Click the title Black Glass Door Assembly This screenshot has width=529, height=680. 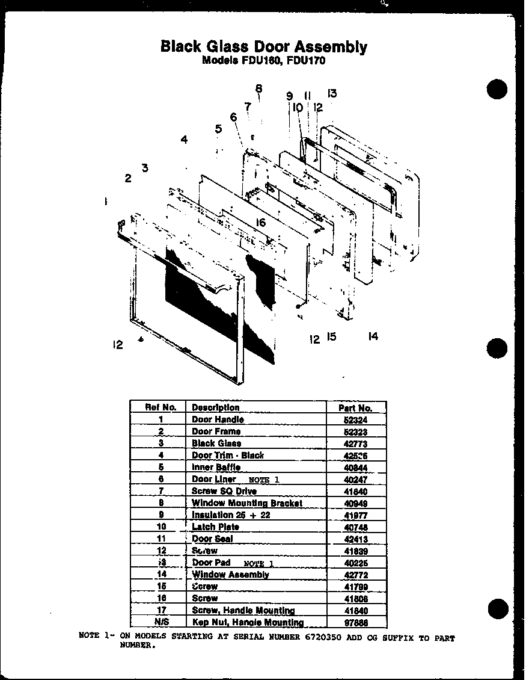pos(263,46)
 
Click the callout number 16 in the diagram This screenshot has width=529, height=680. pos(260,223)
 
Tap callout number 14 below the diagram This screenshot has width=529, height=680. pos(373,337)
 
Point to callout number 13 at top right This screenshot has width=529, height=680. pos(332,93)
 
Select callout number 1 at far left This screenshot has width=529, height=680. pos(106,202)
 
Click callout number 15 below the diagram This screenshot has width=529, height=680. pos(331,337)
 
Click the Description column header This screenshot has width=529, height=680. pos(215,407)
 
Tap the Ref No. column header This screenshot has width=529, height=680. pos(161,407)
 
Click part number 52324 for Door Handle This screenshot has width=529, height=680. pos(355,419)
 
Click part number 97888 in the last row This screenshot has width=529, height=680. pos(355,622)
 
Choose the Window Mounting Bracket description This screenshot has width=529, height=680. pos(246,503)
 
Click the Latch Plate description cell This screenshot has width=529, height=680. pos(215,527)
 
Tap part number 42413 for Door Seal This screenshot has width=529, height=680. pos(355,539)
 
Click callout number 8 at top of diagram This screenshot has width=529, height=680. pos(258,89)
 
